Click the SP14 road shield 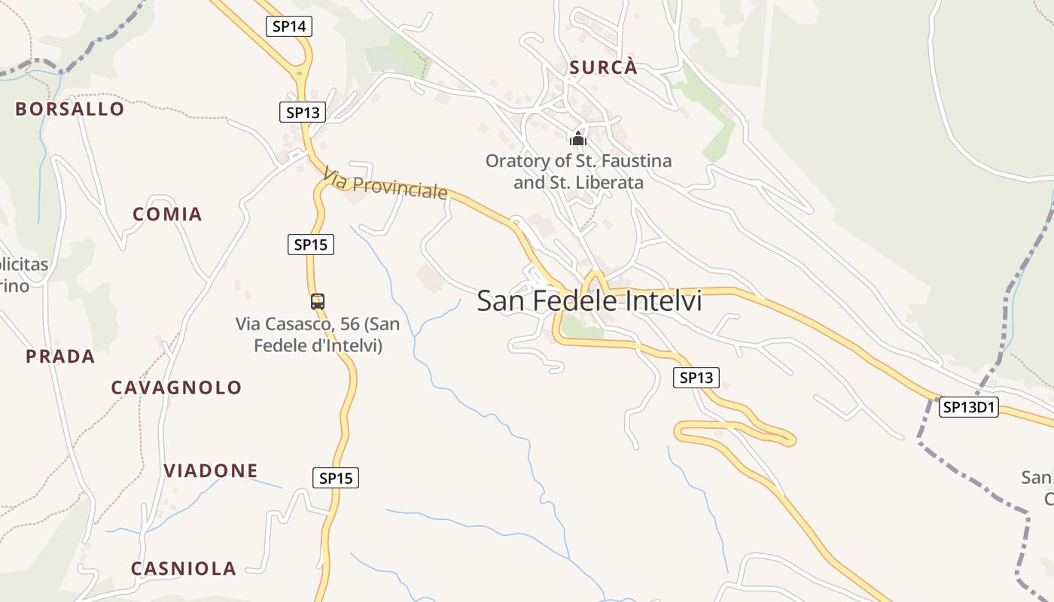[x=289, y=26]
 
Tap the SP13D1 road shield [x=969, y=407]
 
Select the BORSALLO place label [x=70, y=109]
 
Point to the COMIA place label [x=167, y=214]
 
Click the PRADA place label [x=60, y=357]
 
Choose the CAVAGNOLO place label [x=176, y=388]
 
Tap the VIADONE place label [x=211, y=471]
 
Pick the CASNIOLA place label [x=184, y=568]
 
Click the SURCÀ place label [x=603, y=68]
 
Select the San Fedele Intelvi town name [x=589, y=301]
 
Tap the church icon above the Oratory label [x=578, y=138]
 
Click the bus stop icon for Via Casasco [x=318, y=302]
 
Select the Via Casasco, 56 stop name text [x=318, y=335]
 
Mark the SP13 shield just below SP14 [x=303, y=113]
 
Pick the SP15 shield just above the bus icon [x=311, y=244]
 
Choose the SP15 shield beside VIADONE [x=336, y=477]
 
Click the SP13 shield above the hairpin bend [x=696, y=378]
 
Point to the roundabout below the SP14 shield [x=301, y=74]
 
